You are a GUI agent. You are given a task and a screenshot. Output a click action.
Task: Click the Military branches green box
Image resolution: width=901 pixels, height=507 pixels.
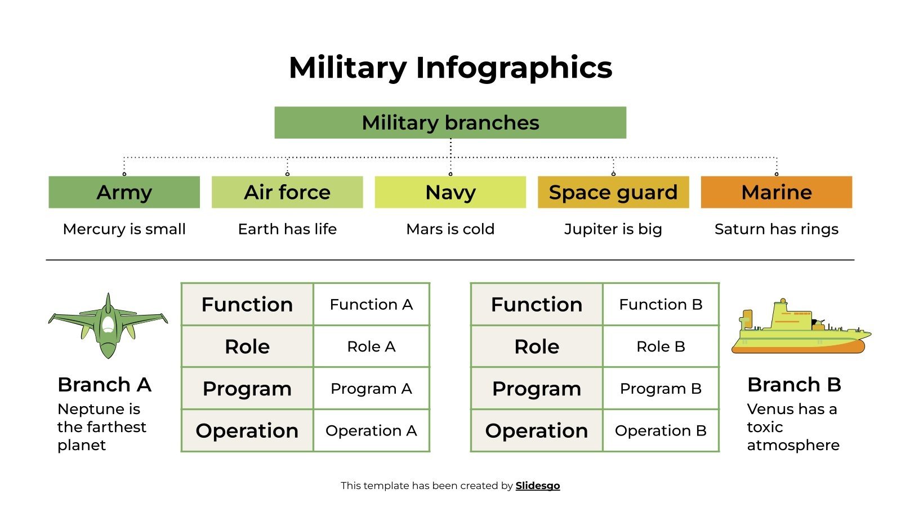pyautogui.click(x=450, y=123)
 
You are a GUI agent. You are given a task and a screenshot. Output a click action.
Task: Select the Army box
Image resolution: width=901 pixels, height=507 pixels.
pyautogui.click(x=124, y=192)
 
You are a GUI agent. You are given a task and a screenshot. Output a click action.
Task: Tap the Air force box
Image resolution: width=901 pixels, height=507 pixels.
pyautogui.click(x=287, y=192)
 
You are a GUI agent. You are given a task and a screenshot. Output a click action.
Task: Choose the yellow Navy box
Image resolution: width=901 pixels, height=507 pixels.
pyautogui.click(x=450, y=192)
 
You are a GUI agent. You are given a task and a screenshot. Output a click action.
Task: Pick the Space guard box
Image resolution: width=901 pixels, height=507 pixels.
pyautogui.click(x=613, y=192)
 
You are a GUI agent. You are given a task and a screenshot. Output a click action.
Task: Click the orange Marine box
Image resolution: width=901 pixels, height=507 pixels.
pyautogui.click(x=776, y=192)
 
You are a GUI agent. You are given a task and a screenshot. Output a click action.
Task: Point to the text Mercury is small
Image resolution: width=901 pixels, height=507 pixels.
pyautogui.click(x=124, y=229)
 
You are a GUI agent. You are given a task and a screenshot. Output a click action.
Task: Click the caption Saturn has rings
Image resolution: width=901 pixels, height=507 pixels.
pyautogui.click(x=776, y=229)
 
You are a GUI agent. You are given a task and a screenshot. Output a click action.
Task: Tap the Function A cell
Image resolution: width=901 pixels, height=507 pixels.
pyautogui.click(x=371, y=305)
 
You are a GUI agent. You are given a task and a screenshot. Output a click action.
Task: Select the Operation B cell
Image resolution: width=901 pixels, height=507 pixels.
pyautogui.click(x=661, y=431)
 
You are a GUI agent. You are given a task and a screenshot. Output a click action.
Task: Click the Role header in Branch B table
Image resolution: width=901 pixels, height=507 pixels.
pyautogui.click(x=536, y=346)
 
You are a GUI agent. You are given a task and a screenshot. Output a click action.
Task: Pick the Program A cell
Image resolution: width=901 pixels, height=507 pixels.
pyautogui.click(x=371, y=389)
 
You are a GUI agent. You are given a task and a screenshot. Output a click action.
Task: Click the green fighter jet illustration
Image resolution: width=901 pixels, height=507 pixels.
pyautogui.click(x=108, y=327)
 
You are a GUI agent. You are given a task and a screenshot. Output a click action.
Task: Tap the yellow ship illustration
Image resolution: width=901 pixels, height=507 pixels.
pyautogui.click(x=800, y=330)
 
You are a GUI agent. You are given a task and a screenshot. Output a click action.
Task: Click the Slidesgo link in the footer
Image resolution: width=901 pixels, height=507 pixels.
pyautogui.click(x=537, y=486)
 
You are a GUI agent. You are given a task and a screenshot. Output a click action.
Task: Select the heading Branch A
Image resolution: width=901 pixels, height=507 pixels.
pyautogui.click(x=104, y=385)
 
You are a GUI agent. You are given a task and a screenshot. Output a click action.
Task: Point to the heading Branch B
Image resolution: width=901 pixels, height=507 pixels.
pyautogui.click(x=793, y=385)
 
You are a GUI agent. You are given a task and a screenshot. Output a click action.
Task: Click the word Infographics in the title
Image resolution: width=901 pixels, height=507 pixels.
pyautogui.click(x=514, y=68)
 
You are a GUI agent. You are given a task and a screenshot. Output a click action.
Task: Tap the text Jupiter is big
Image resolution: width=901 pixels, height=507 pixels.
pyautogui.click(x=613, y=229)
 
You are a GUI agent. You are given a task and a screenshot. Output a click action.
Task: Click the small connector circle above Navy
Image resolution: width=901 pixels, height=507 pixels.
pyautogui.click(x=450, y=174)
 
